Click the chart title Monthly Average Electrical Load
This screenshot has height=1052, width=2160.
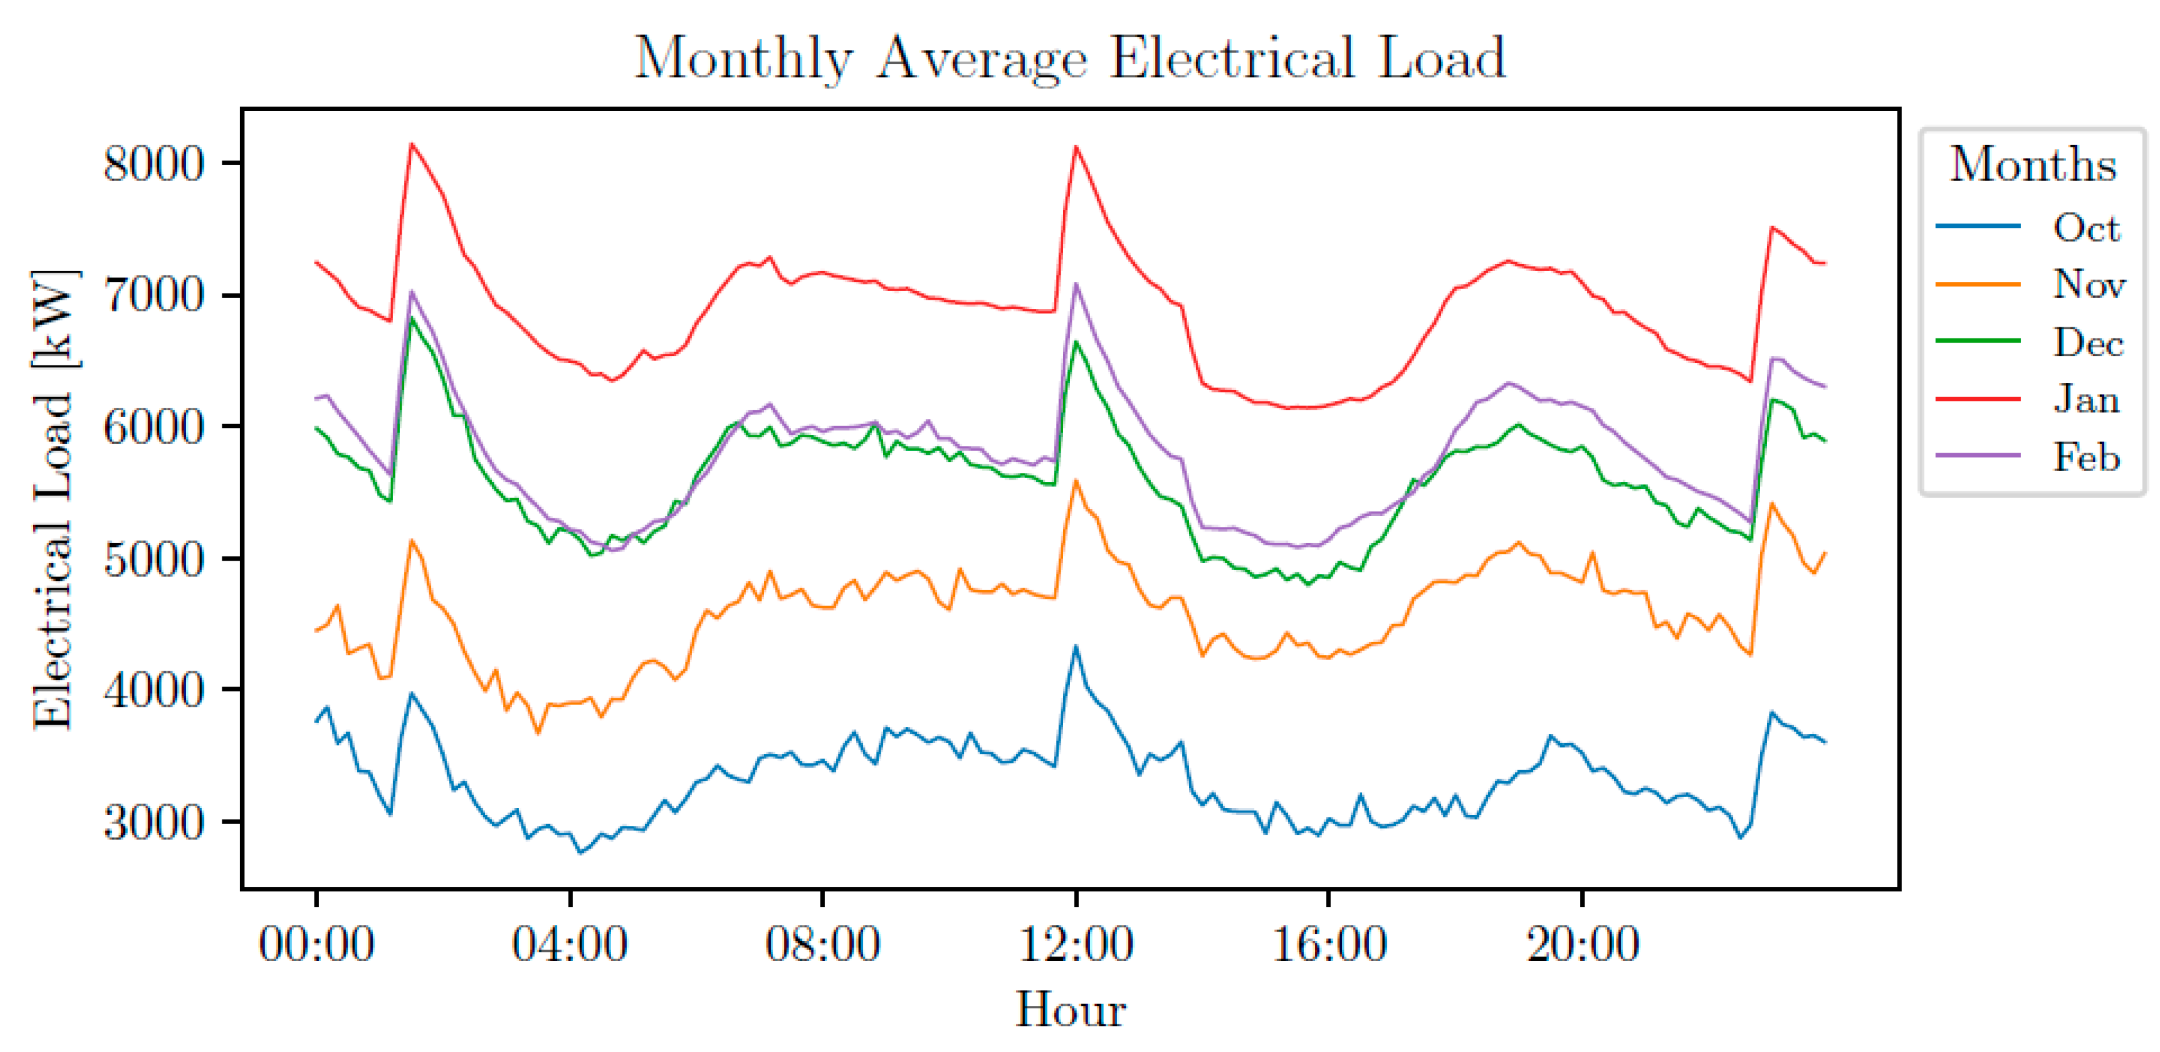coord(1069,59)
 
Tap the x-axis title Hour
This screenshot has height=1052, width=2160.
coord(1070,1009)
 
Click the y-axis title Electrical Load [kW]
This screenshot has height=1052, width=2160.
coord(53,500)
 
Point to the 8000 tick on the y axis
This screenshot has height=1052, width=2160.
coord(154,163)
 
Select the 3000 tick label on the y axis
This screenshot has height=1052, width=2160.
coord(154,822)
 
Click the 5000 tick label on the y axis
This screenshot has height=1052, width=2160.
coord(154,559)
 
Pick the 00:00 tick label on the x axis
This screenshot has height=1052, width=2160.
coord(316,944)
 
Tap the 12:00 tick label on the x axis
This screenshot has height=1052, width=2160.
coord(1076,944)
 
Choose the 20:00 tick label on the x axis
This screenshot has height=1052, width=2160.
coord(1582,944)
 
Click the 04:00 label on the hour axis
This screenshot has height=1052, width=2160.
coord(569,944)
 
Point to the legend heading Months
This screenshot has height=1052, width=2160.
coord(2032,165)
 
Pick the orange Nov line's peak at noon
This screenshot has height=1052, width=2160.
coord(1077,481)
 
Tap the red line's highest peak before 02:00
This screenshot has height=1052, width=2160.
coord(411,144)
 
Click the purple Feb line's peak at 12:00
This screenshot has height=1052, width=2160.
coord(1077,284)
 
